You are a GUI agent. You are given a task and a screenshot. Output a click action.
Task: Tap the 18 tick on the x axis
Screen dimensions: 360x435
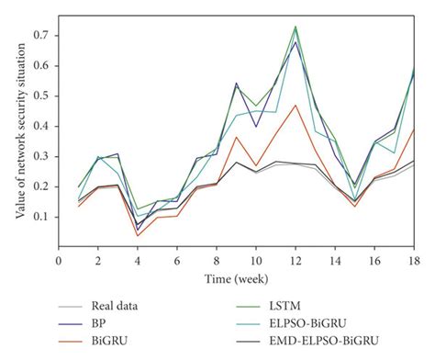pyautogui.click(x=413, y=260)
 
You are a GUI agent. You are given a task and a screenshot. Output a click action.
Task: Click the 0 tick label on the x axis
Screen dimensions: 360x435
pyautogui.click(x=59, y=260)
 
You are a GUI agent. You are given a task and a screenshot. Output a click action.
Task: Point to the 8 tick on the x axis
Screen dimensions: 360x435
pyautogui.click(x=217, y=260)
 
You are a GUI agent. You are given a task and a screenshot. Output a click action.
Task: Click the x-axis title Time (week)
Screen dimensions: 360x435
pyautogui.click(x=236, y=276)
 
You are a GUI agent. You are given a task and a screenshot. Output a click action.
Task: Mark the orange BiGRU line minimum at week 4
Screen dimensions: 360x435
pyautogui.click(x=138, y=236)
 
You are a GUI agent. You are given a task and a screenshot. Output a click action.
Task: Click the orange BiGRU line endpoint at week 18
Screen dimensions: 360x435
pyautogui.click(x=413, y=129)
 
